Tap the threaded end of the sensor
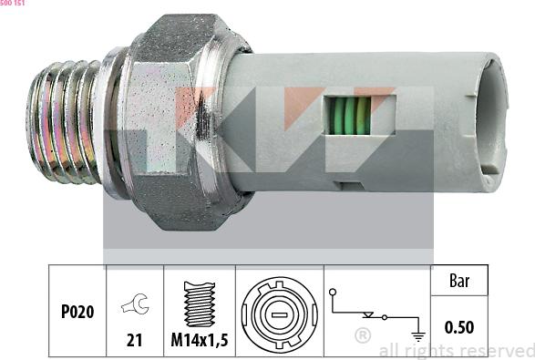tap(64, 121)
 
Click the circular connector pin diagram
tap(279, 311)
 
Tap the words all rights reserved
tap(456, 350)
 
